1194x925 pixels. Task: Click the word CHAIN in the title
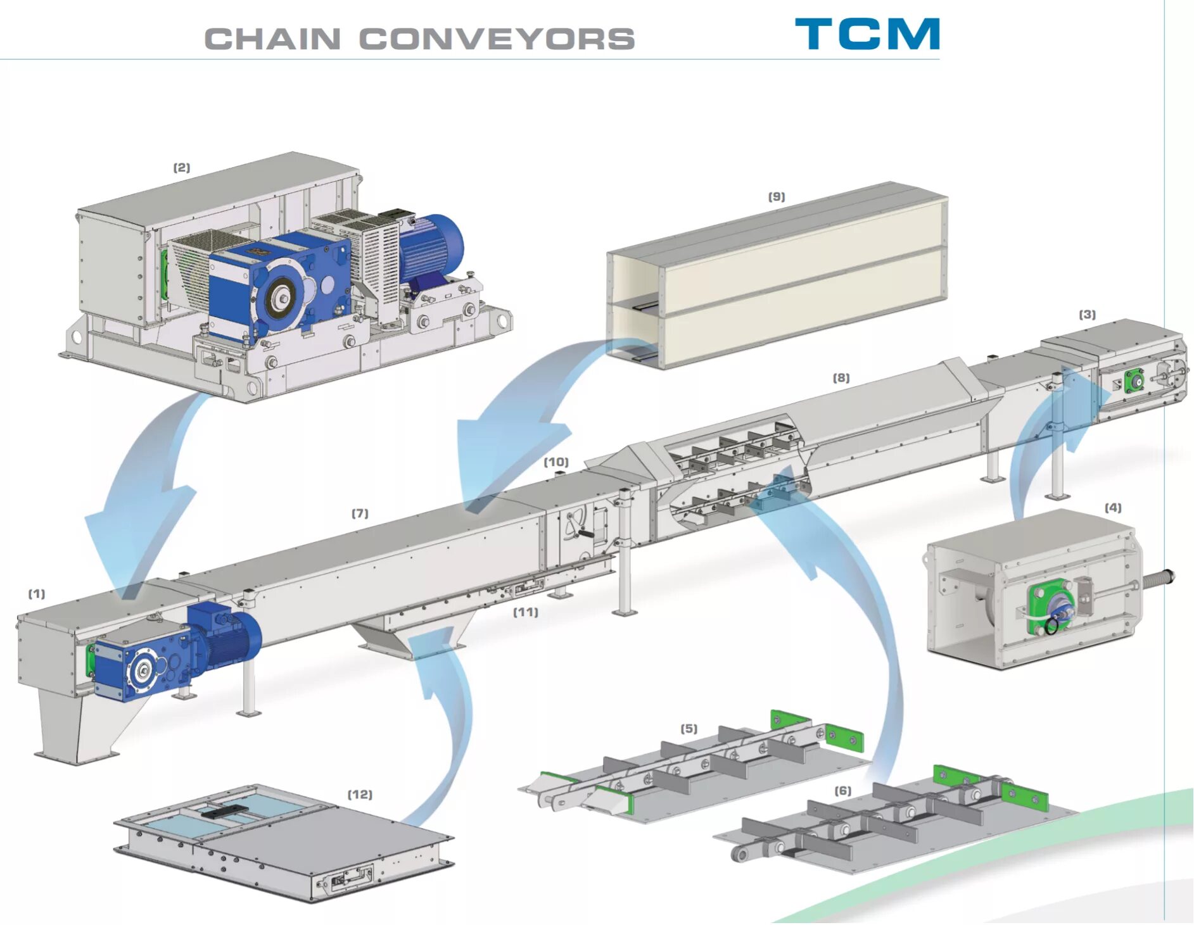click(x=273, y=39)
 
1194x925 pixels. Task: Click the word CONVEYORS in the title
click(x=497, y=39)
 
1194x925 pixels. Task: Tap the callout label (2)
click(x=182, y=168)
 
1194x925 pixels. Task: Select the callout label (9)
click(x=777, y=197)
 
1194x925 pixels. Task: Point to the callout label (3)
click(x=1087, y=315)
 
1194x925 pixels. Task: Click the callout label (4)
click(x=1113, y=508)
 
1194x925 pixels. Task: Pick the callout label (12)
click(x=360, y=795)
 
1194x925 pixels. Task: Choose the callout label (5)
click(x=689, y=729)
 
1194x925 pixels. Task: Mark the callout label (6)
click(x=843, y=791)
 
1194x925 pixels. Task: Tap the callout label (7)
click(x=360, y=513)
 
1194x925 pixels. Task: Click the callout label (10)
click(x=556, y=462)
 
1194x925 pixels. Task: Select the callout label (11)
click(x=526, y=612)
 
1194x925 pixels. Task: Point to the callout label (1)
click(x=37, y=594)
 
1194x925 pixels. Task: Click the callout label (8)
click(x=841, y=378)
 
